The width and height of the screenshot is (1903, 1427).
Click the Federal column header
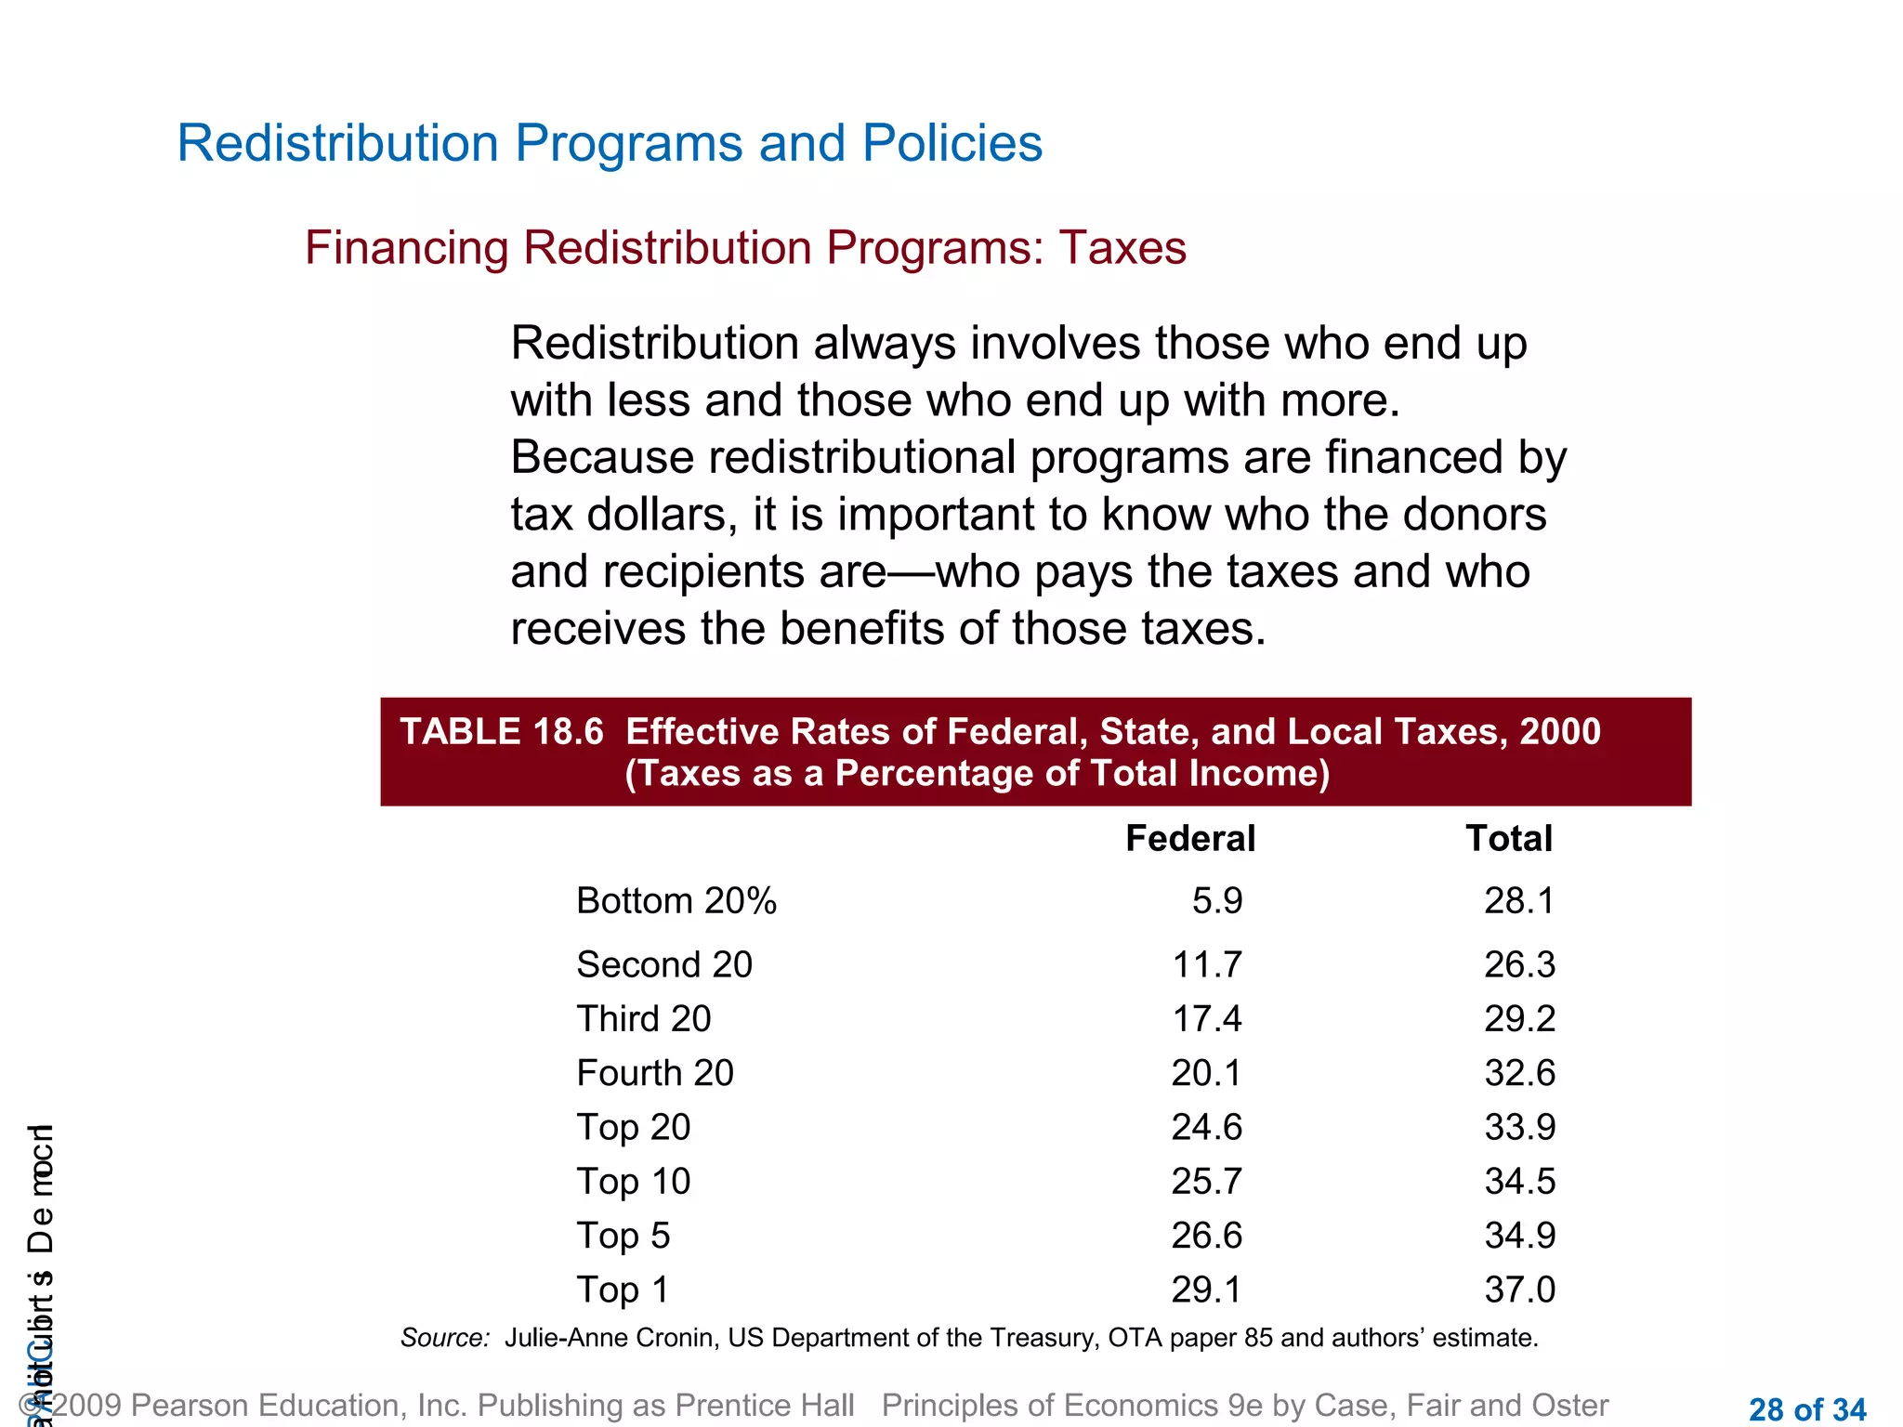coord(1189,838)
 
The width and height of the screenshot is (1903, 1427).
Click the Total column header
coord(1508,838)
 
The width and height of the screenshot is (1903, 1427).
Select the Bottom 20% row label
coord(676,900)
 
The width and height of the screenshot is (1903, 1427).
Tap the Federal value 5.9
coord(1217,900)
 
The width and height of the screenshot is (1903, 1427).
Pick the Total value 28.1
coord(1518,900)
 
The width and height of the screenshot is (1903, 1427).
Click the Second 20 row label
coord(664,964)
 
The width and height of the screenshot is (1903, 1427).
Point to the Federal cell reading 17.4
coord(1206,1018)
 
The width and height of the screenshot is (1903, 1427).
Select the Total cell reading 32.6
coord(1519,1073)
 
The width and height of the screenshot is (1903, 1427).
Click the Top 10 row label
coord(634,1181)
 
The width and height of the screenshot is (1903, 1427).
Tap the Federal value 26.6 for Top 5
coord(1206,1236)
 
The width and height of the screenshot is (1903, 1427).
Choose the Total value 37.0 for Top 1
coord(1519,1290)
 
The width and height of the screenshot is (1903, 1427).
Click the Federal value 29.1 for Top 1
coord(1206,1290)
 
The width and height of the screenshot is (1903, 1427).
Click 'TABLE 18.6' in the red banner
coord(502,732)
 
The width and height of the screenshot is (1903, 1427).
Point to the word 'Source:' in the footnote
coord(445,1338)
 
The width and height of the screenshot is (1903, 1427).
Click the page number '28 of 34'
coord(1806,1409)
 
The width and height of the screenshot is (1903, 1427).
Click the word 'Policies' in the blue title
coord(951,144)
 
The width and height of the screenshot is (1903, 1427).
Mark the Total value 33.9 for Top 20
coord(1519,1127)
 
